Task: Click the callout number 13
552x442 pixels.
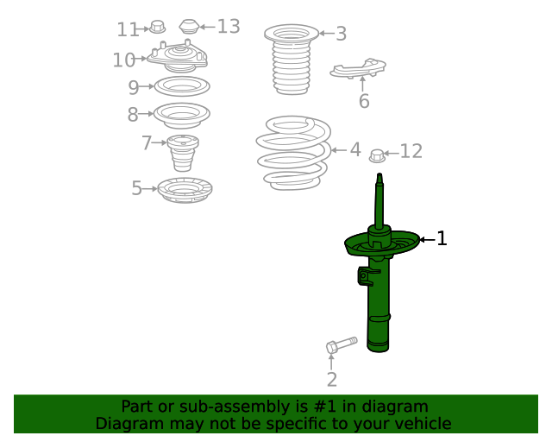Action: tap(229, 27)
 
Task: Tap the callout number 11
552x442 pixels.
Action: tap(127, 29)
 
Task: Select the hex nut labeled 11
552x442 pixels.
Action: tap(157, 27)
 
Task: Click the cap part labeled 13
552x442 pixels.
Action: tap(190, 27)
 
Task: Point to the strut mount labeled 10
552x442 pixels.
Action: tap(178, 58)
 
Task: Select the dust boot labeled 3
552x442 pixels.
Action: tap(292, 60)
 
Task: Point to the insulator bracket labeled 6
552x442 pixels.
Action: tap(358, 68)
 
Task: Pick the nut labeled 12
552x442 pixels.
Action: tap(377, 155)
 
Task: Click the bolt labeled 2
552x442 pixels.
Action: tap(342, 344)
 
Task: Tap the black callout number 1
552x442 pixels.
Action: tap(442, 238)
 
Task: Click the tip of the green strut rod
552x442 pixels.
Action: tap(379, 174)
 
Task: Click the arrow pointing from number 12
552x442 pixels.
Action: tap(391, 153)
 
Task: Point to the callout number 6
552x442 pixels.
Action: tap(364, 101)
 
